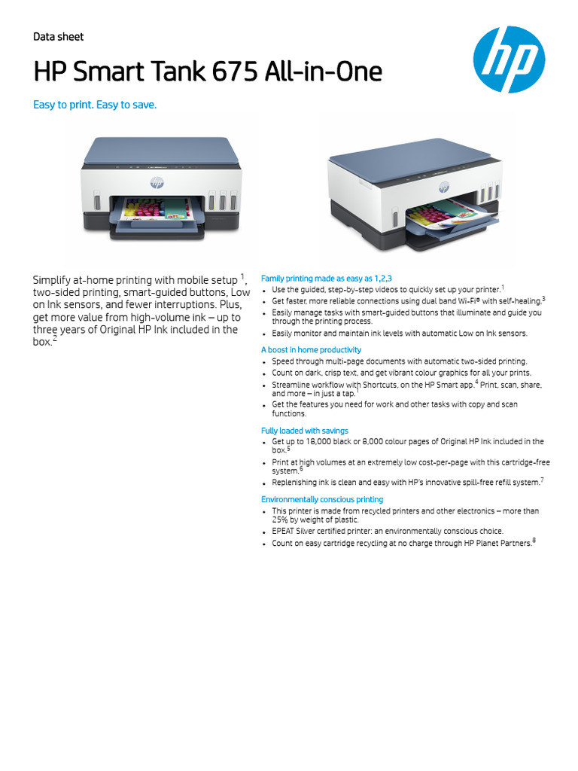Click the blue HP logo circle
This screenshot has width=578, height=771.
(509, 59)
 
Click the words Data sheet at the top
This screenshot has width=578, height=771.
(58, 37)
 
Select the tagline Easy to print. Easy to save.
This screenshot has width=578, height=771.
(95, 105)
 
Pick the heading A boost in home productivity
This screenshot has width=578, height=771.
(311, 350)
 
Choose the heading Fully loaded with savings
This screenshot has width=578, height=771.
(304, 431)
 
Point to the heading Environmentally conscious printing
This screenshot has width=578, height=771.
(321, 499)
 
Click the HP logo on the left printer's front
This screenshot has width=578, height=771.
(157, 182)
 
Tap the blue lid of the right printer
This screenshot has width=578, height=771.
(391, 159)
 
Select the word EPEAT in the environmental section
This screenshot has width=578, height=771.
(284, 531)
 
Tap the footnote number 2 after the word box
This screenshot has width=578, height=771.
(55, 339)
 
